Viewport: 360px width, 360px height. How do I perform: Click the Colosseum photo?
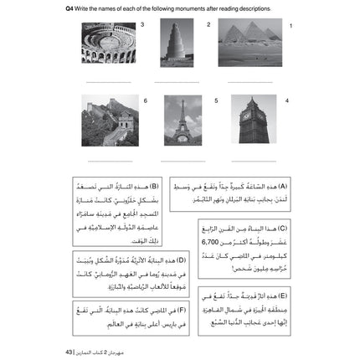coord(107,42)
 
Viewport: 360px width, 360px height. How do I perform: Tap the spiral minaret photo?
coord(177,42)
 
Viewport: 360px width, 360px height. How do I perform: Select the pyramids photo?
coord(249,42)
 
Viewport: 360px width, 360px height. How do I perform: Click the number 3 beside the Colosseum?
coord(142,24)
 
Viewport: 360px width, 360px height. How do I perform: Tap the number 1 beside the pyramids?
coord(291,26)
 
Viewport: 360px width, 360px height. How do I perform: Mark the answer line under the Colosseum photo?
coord(108,81)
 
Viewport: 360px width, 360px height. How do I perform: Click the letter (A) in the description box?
coord(282,186)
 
